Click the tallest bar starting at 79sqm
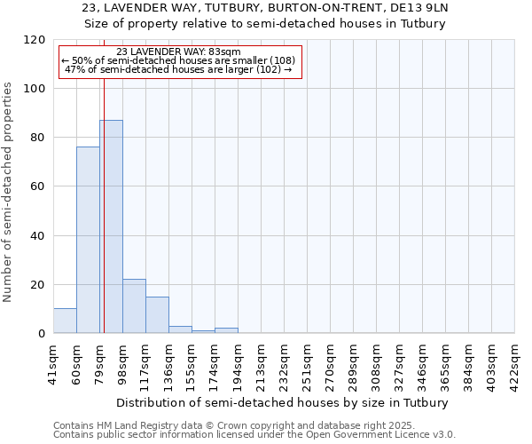point(111,226)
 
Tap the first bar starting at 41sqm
point(65,321)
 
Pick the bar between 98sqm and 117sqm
point(134,306)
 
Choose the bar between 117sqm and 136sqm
point(157,315)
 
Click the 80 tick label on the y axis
point(39,138)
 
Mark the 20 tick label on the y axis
point(39,284)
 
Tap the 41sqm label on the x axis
point(53,362)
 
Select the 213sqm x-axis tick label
point(261,362)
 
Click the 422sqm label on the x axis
point(514,362)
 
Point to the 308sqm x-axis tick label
point(376,362)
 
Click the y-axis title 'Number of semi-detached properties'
point(8,186)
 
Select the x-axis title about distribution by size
point(283,402)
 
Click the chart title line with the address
point(265,8)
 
